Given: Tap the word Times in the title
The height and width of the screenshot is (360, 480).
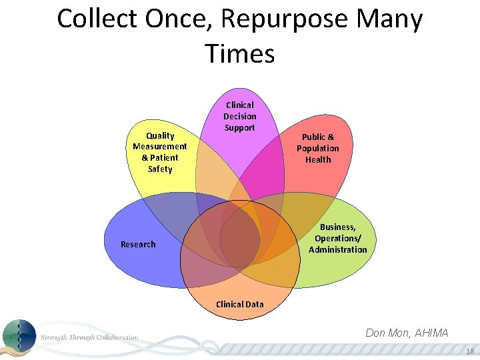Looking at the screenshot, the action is (x=240, y=53).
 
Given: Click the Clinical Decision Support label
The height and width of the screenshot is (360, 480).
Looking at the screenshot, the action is (x=239, y=116).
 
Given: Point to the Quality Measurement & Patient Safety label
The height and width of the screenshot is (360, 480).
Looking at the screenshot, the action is (x=160, y=152).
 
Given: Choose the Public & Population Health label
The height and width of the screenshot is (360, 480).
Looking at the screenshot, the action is (x=318, y=148).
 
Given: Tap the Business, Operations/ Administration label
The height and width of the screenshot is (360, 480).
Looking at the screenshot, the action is (x=337, y=238).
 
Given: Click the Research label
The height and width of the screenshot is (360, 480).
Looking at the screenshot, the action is (x=138, y=245).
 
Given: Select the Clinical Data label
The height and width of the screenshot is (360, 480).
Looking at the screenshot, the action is (x=239, y=304).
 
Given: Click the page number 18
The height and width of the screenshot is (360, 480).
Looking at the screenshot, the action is (x=470, y=351).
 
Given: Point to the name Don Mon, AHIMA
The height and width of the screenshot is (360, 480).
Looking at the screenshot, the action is (x=407, y=333).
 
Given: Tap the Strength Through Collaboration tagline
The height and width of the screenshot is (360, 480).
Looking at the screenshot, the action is (x=89, y=337).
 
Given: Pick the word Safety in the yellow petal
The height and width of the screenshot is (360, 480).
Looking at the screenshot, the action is (x=160, y=169).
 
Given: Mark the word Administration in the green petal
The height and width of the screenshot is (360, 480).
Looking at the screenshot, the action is (x=337, y=249).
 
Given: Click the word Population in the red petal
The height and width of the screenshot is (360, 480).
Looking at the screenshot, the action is (x=318, y=148).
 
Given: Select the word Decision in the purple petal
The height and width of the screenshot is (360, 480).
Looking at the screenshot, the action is (x=239, y=116).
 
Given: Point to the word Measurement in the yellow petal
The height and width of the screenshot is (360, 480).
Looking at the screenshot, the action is (x=160, y=147).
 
